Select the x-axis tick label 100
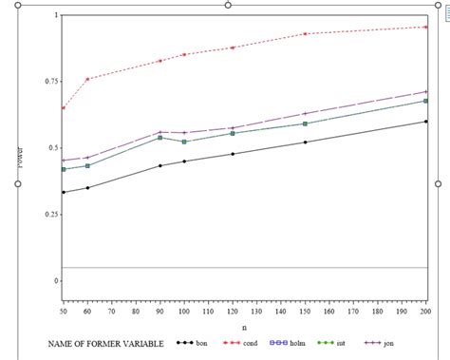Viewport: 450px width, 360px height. click(185, 311)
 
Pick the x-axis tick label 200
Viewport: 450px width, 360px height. click(424, 311)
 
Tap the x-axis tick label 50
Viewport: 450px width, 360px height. click(64, 311)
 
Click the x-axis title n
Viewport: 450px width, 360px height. click(244, 327)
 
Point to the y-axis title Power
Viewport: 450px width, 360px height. click(21, 158)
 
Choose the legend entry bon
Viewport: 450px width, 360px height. click(202, 343)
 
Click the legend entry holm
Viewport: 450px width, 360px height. click(304, 343)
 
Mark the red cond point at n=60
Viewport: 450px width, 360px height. click(88, 79)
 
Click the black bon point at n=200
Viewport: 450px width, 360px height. click(424, 122)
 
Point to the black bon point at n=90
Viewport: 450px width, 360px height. click(160, 165)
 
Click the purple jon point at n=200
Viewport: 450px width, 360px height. click(424, 92)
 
